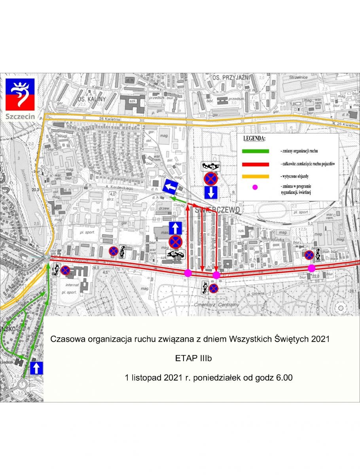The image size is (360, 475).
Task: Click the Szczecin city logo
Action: coord(20,99)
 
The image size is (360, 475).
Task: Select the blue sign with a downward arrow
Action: coord(210,193)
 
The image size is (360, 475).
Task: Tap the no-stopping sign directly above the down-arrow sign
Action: coord(210,179)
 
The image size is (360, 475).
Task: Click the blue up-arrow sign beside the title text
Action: coord(36,368)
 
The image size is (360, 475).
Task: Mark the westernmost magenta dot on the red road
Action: coord(188,273)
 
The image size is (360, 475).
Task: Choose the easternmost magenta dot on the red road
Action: coord(312,268)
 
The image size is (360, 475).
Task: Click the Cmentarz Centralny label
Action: coord(211,305)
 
